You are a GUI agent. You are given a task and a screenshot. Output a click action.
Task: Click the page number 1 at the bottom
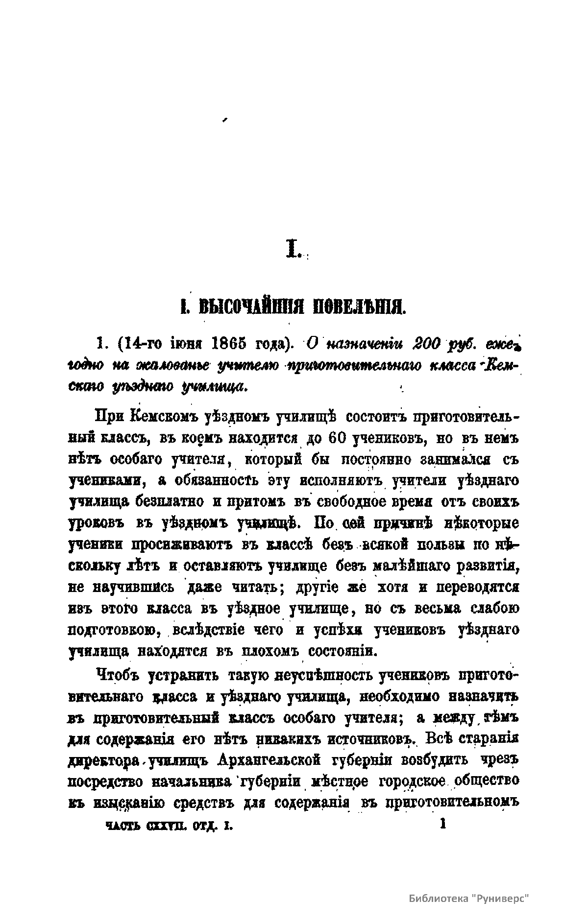443,824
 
